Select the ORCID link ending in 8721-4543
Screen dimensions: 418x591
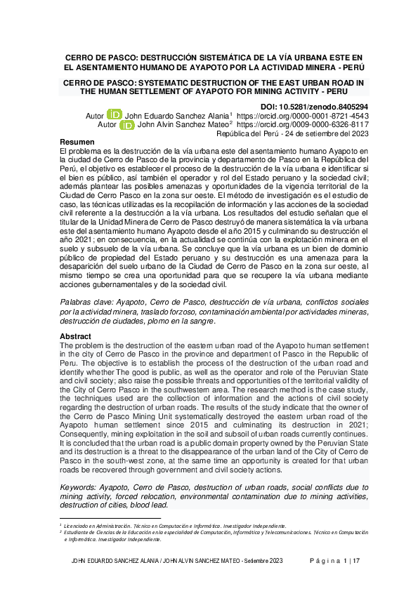pyautogui.click(x=303, y=115)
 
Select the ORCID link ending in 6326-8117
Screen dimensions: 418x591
pyautogui.click(x=303, y=125)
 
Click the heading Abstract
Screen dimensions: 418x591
pyautogui.click(x=76, y=336)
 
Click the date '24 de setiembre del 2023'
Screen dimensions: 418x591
pyautogui.click(x=327, y=134)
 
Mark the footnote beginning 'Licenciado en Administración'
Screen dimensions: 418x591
pyautogui.click(x=175, y=525)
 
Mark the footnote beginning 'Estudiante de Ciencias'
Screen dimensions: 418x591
pyautogui.click(x=211, y=533)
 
